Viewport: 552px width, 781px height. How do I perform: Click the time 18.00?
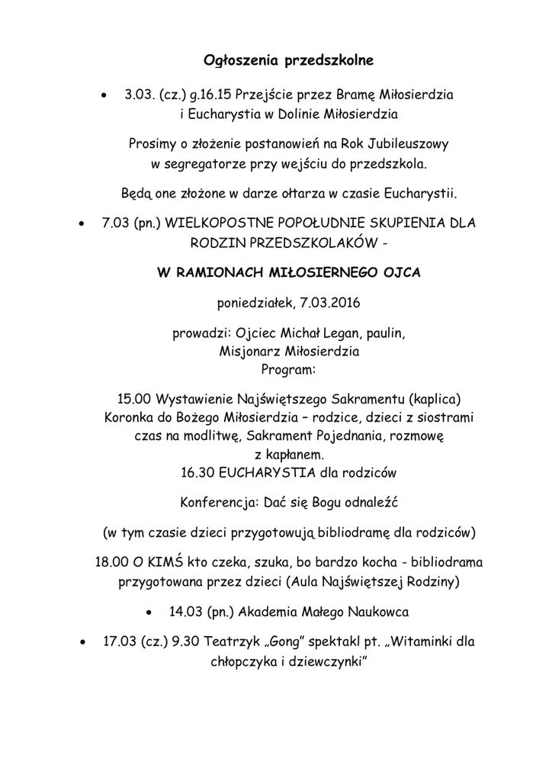point(111,563)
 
